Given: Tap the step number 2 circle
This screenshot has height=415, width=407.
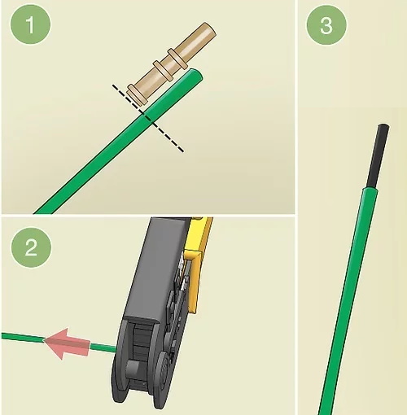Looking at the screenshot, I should [x=31, y=247].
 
